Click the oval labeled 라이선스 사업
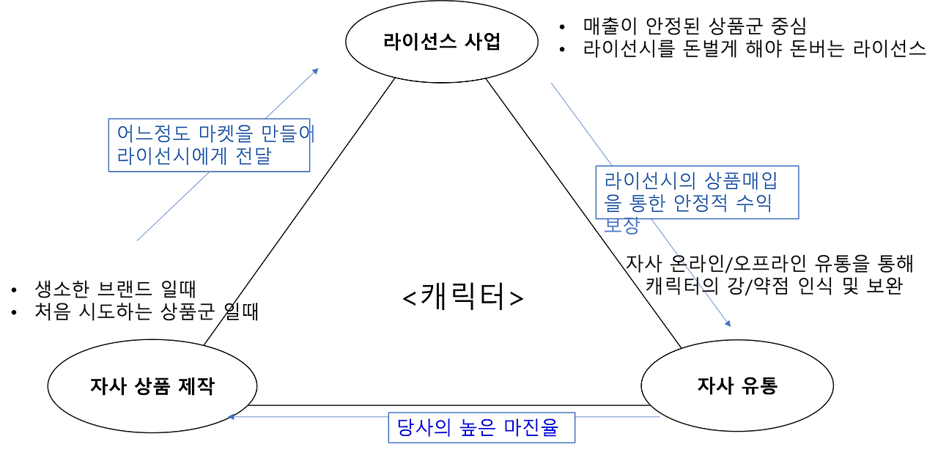pos(441,42)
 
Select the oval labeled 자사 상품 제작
pos(152,386)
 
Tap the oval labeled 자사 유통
pos(736,386)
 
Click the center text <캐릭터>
pos(463,298)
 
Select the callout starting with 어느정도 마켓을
pos(211,145)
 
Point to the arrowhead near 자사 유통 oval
pos(728,322)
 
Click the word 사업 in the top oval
pos(482,42)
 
